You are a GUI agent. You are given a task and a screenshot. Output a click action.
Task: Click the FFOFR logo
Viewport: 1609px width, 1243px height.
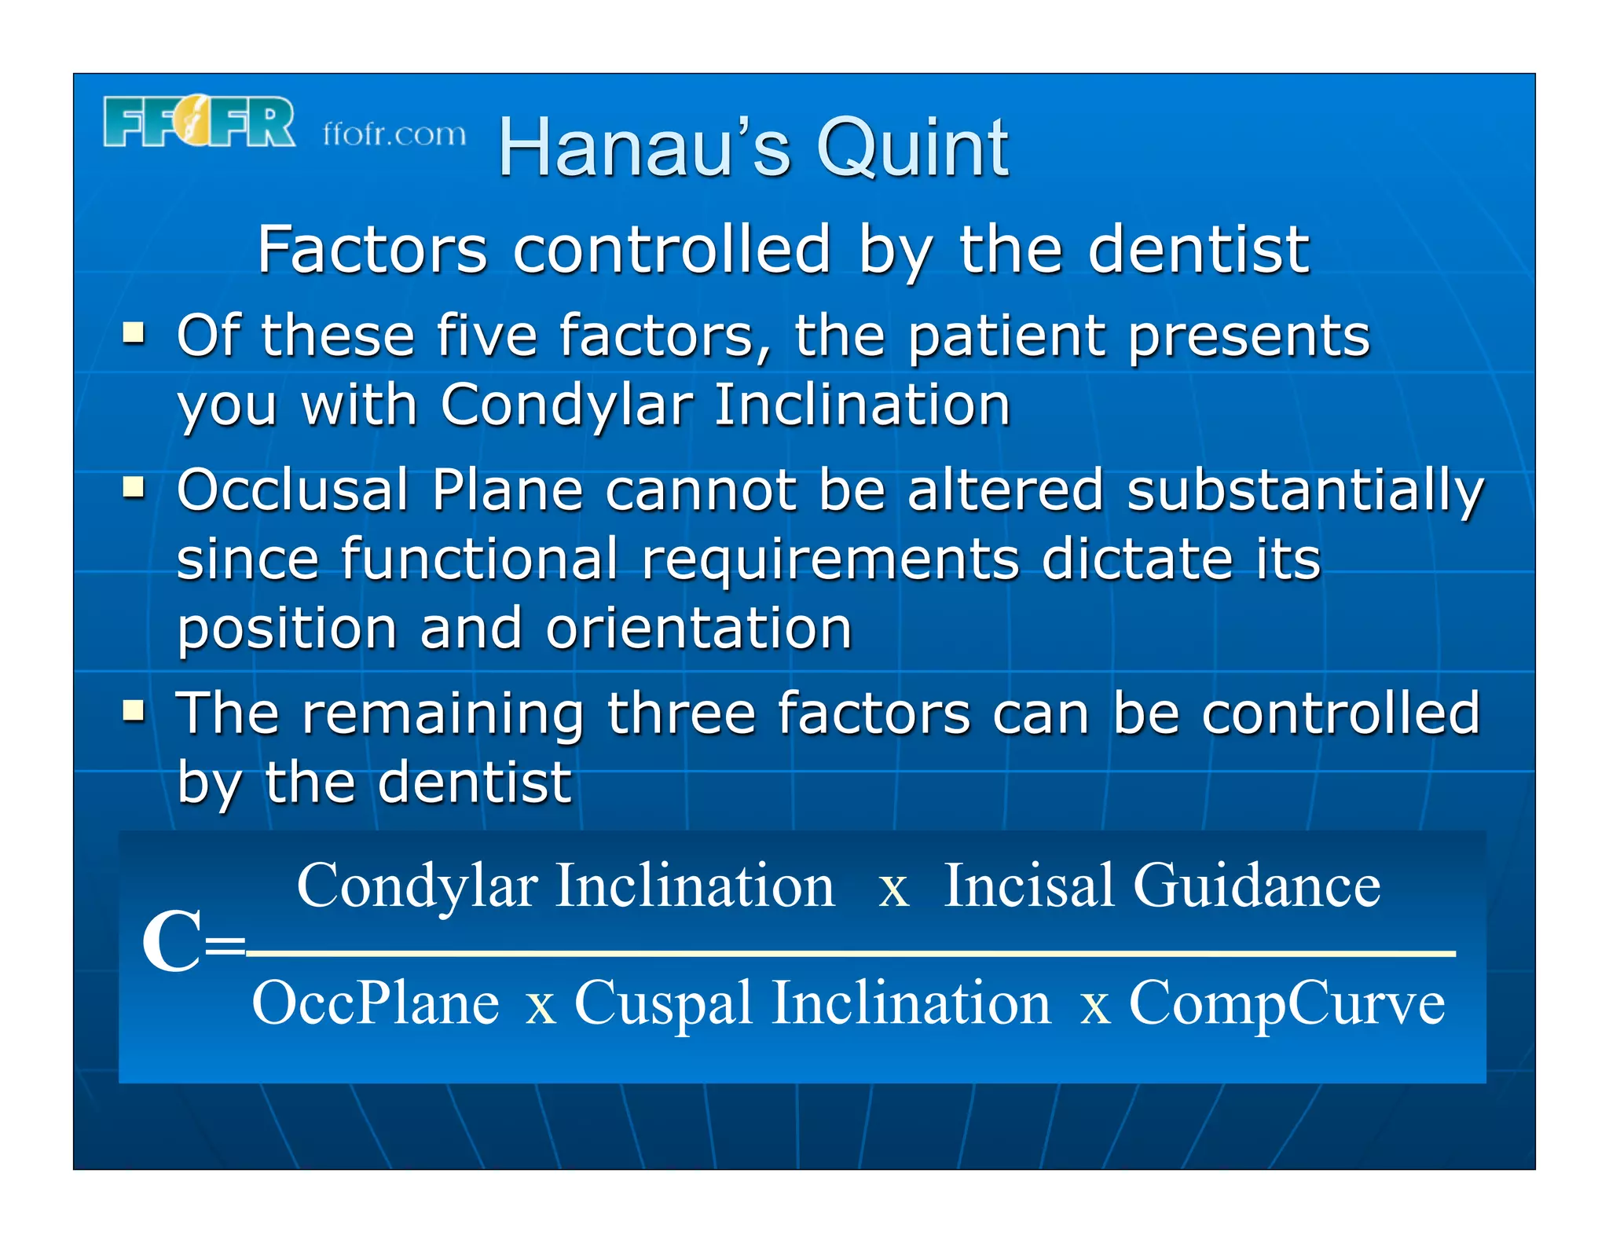[199, 123]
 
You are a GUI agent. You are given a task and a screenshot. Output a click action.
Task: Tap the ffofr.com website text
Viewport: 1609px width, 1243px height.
[394, 134]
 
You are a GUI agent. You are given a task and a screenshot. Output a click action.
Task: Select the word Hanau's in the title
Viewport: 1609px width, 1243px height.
[644, 148]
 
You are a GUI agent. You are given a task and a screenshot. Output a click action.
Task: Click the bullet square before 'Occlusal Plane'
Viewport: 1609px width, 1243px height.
[134, 488]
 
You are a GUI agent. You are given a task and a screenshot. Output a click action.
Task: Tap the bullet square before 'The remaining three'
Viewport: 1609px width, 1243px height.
[134, 711]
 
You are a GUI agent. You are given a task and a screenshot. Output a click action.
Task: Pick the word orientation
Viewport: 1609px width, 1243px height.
[698, 629]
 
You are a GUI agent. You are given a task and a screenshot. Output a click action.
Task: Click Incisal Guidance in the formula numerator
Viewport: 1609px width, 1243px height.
[1161, 885]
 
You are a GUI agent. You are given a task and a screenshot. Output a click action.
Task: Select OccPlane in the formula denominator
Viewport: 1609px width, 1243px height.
[375, 1003]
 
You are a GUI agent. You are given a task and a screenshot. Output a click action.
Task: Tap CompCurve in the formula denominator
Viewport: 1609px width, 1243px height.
[1286, 1003]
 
